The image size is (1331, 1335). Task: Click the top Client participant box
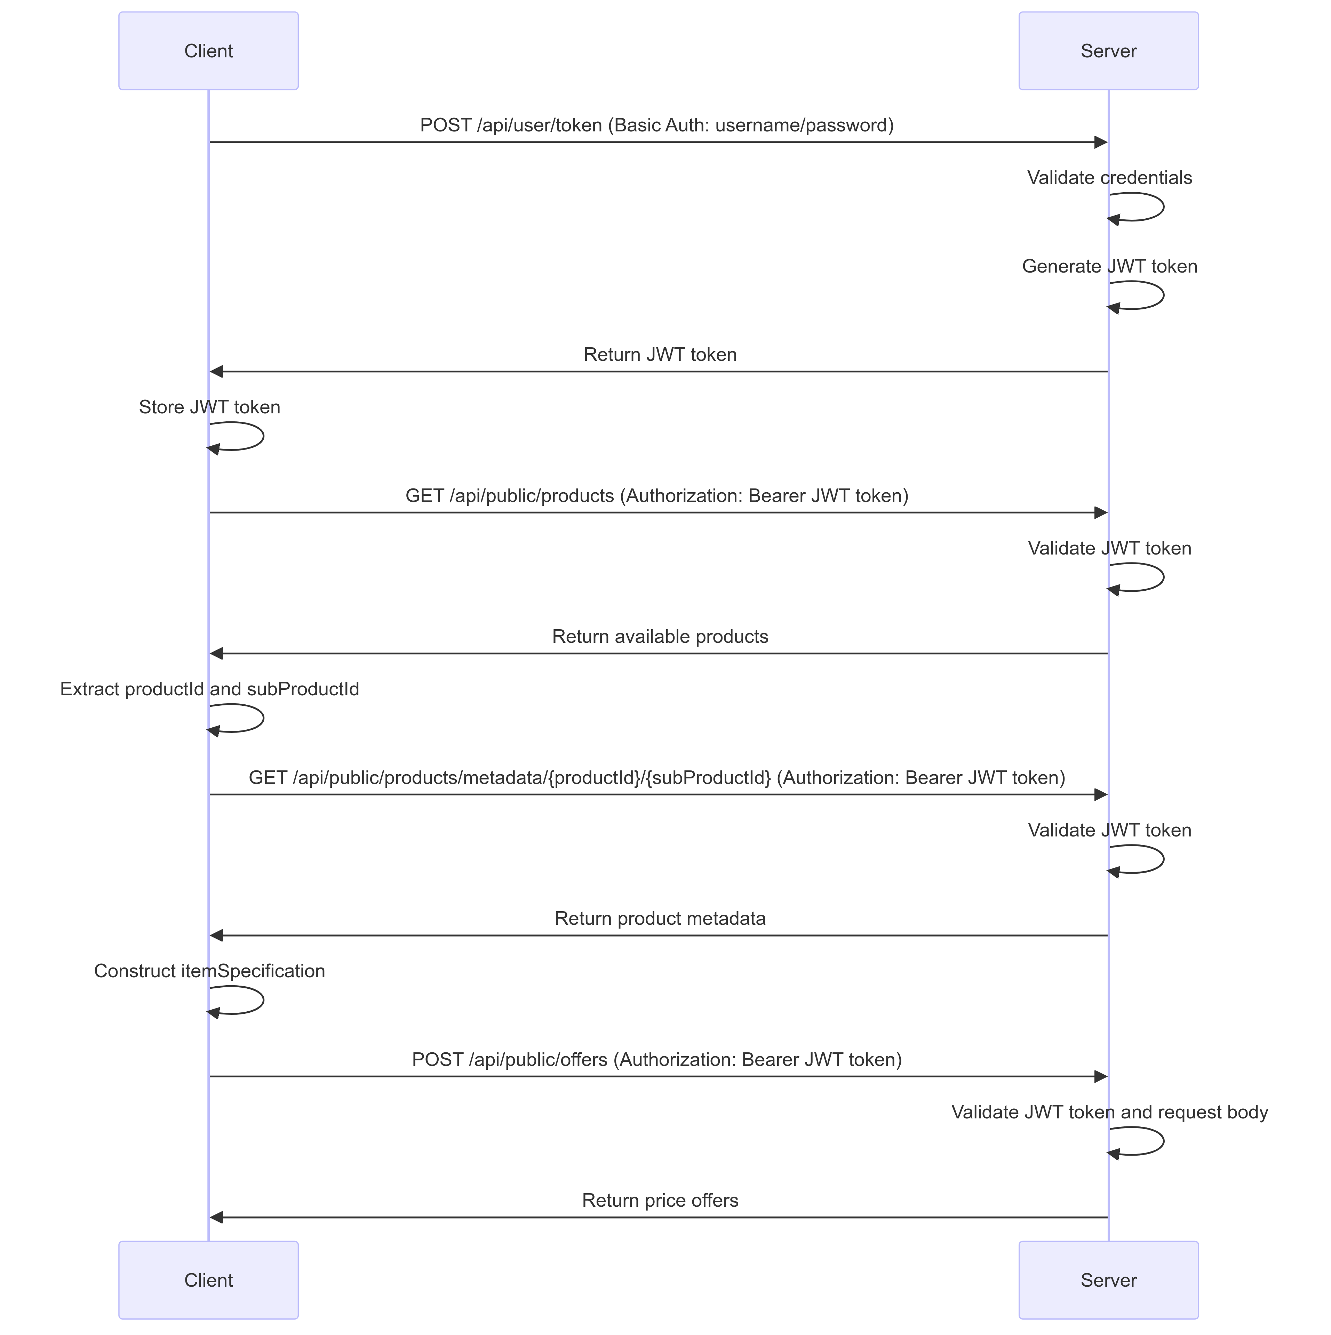pos(208,50)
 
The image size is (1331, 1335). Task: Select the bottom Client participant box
pos(208,1280)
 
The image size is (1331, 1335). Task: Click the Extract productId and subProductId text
pos(209,689)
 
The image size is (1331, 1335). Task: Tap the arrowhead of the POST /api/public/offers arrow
pos(1101,1077)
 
